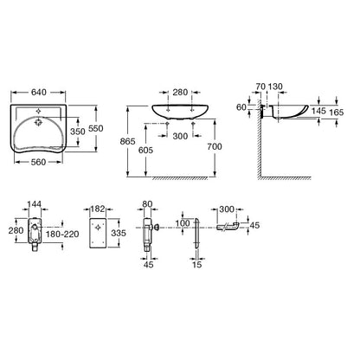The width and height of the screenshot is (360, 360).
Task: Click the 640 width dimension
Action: (39, 92)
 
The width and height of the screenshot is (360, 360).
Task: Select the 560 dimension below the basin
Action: (39, 162)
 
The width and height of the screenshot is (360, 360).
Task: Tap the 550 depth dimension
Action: (95, 128)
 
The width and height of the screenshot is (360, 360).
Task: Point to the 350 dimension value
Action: (78, 132)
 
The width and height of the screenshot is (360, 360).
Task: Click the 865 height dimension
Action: (127, 141)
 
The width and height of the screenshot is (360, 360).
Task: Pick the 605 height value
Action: (146, 150)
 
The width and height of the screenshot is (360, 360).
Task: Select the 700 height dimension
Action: (215, 147)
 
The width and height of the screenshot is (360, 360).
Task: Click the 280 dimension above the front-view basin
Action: (180, 93)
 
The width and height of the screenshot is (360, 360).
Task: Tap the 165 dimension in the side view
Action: (337, 112)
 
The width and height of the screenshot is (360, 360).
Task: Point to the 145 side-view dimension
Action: (318, 111)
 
